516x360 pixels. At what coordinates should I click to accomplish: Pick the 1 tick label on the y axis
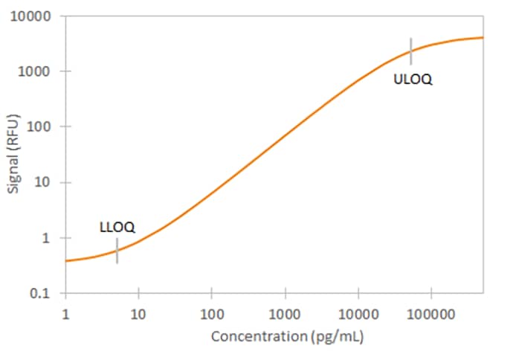(x=46, y=238)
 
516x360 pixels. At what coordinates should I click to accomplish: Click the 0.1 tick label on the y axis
(x=42, y=294)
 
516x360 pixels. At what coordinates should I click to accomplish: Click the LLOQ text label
(x=117, y=227)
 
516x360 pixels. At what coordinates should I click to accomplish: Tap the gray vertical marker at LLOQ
(x=117, y=251)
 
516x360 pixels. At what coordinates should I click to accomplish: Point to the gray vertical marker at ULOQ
(x=410, y=51)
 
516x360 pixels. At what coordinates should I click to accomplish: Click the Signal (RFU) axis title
(x=13, y=154)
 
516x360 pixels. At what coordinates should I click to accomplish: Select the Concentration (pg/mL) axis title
(x=287, y=337)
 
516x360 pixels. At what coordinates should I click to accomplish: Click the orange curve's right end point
(x=483, y=37)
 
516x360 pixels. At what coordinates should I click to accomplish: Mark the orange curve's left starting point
(x=66, y=260)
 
